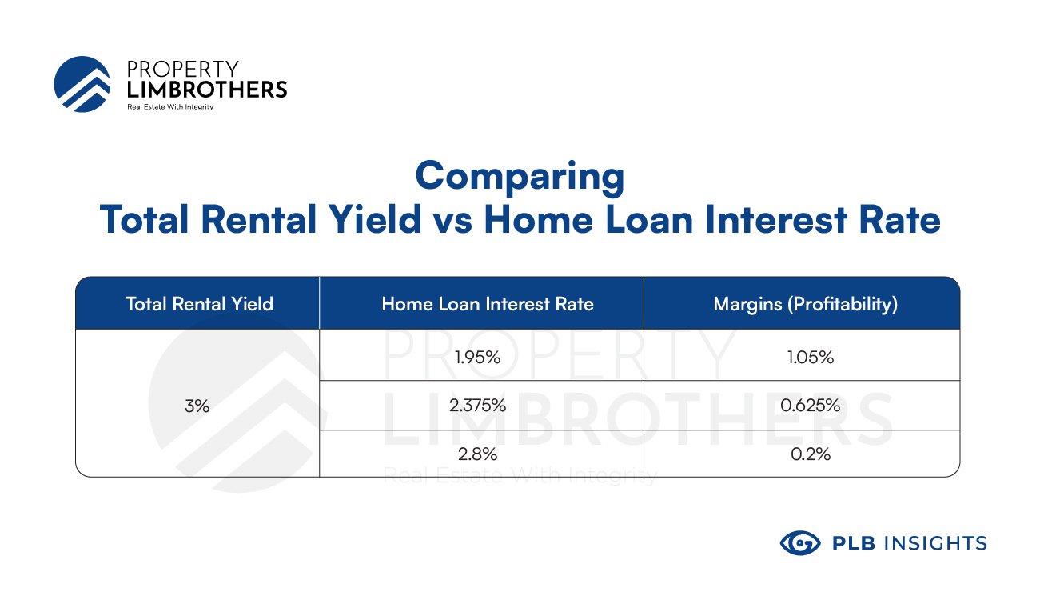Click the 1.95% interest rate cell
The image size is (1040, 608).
(x=477, y=357)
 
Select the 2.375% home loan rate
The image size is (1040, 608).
(x=477, y=406)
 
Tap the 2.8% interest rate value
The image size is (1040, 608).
(x=477, y=454)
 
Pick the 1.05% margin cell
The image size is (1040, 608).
(x=811, y=357)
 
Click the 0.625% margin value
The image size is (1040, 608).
(x=811, y=406)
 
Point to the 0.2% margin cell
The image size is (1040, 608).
(x=811, y=454)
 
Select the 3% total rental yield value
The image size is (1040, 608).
(x=197, y=406)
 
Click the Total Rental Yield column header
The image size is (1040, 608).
(x=200, y=304)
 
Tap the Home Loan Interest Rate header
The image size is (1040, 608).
(x=488, y=304)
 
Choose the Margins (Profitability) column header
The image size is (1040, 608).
(x=806, y=305)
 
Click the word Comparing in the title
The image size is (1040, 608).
(x=520, y=177)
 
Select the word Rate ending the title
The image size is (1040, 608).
(x=900, y=219)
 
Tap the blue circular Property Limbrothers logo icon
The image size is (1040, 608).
(x=82, y=84)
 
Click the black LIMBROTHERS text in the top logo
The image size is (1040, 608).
(x=207, y=90)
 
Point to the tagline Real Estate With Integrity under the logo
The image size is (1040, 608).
(x=170, y=107)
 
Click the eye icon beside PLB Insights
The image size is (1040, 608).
(x=800, y=542)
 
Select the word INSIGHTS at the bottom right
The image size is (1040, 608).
(x=935, y=543)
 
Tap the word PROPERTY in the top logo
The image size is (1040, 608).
(x=183, y=70)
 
